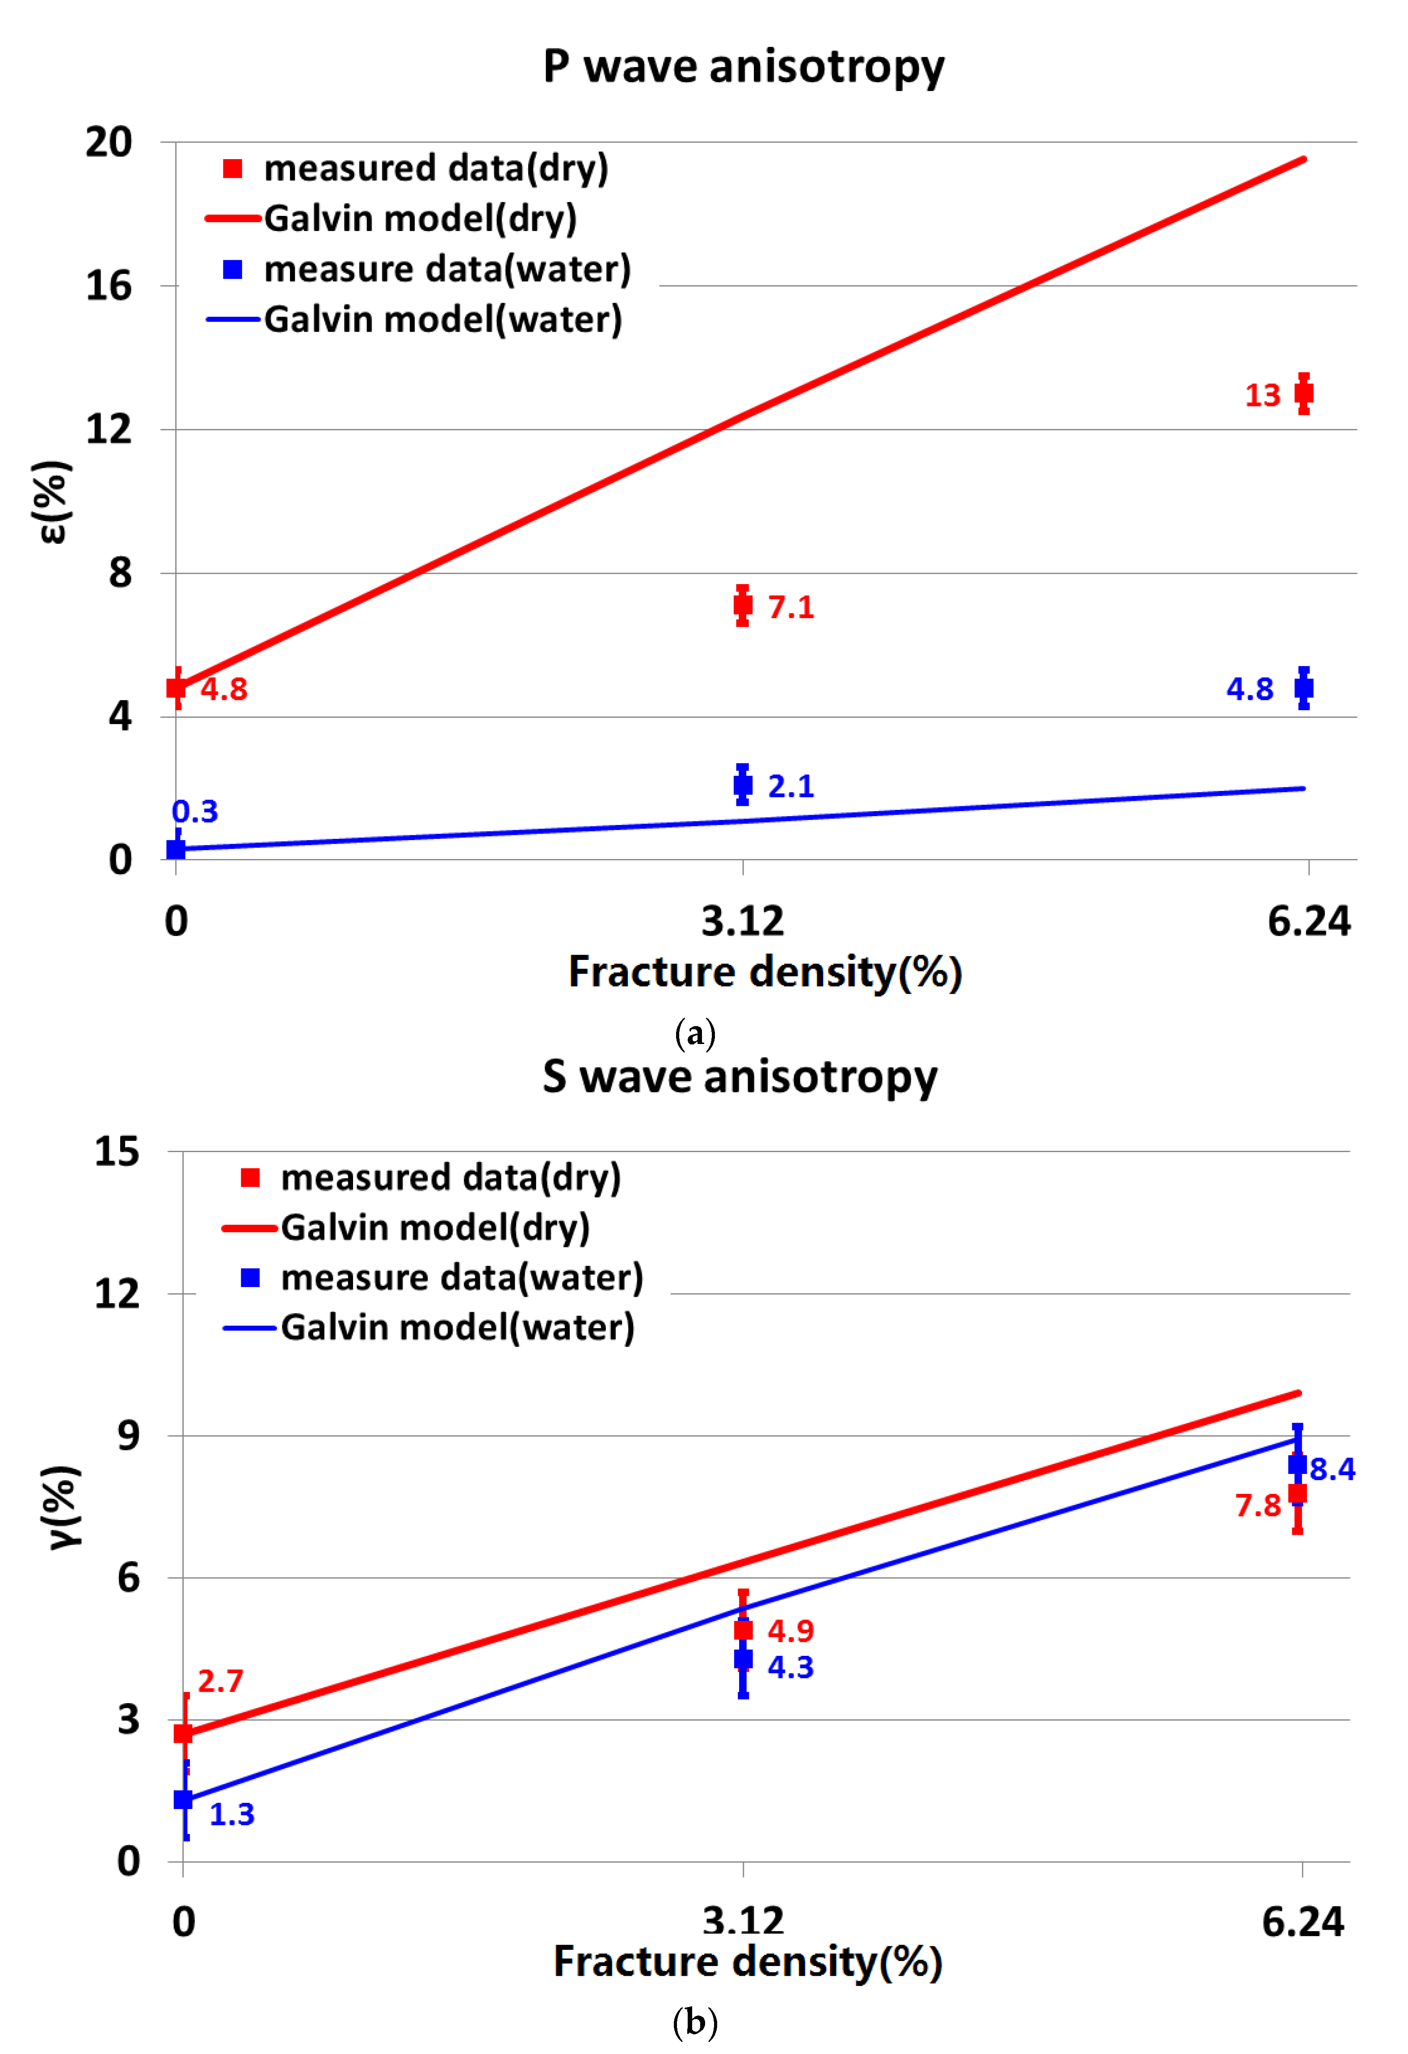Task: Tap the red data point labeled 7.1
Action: pos(743,606)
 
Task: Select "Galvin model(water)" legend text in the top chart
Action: pos(443,319)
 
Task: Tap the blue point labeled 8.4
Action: pos(1297,1465)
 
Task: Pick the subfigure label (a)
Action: pos(695,1032)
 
